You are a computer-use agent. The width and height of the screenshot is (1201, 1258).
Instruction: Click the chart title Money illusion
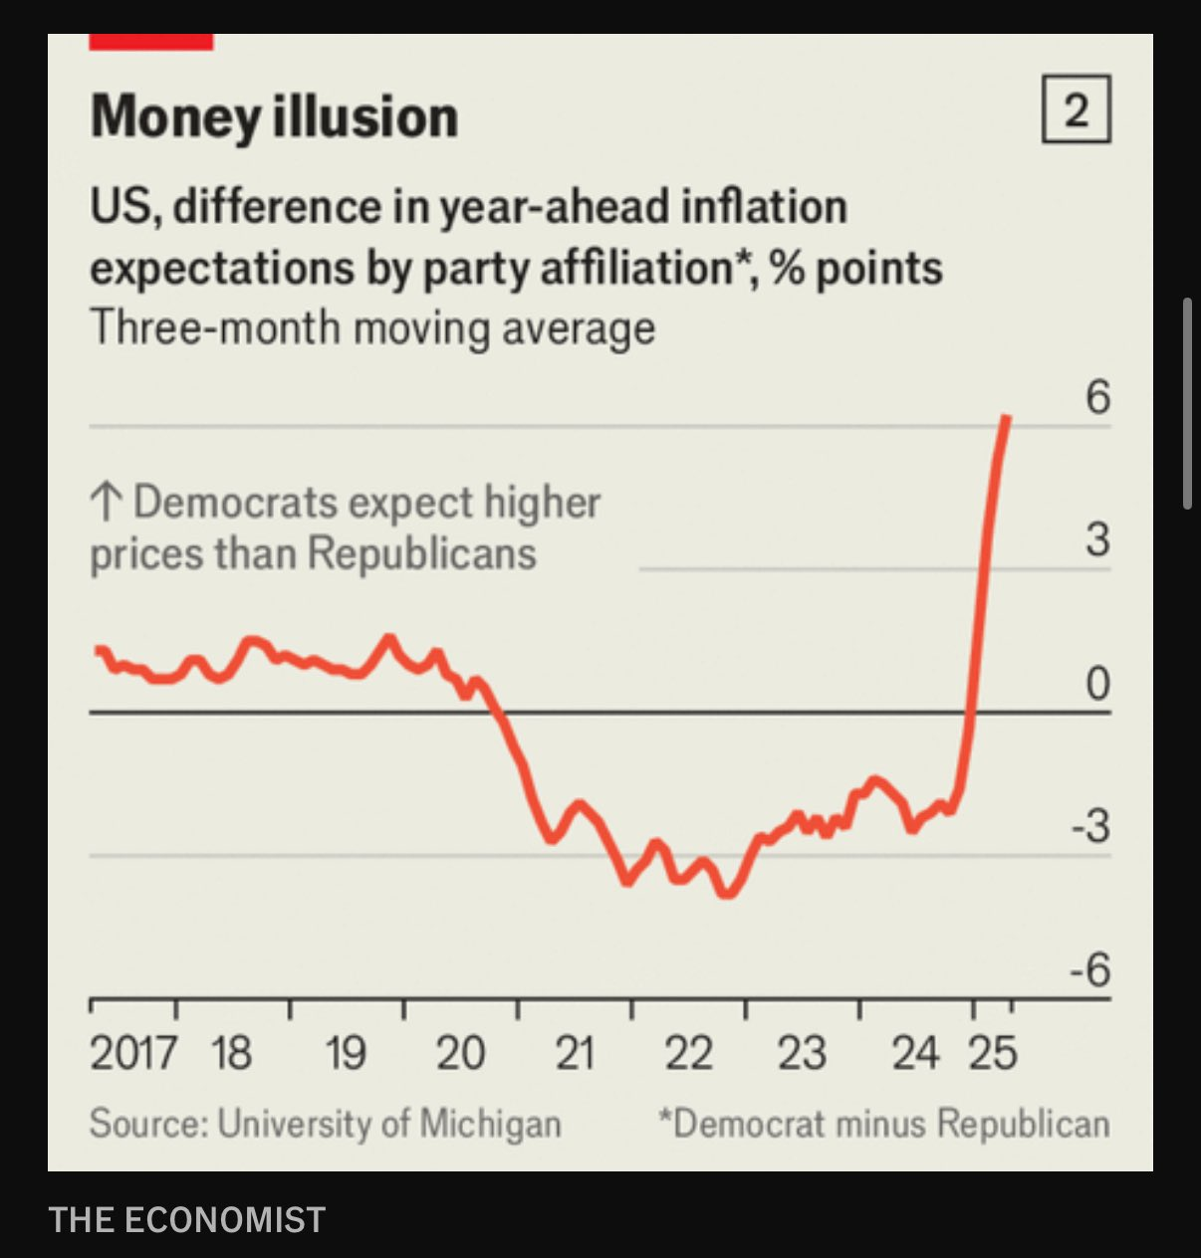(274, 116)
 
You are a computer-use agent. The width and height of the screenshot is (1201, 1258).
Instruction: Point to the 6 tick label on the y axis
(1097, 397)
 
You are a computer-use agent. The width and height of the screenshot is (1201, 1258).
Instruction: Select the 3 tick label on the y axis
(1097, 539)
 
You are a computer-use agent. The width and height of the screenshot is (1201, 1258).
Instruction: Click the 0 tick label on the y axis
(1097, 684)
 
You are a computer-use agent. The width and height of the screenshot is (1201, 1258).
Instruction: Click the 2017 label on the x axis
(133, 1053)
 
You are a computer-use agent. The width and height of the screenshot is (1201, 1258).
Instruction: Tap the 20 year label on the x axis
(460, 1053)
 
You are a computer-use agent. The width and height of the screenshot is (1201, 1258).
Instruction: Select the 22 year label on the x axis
(688, 1053)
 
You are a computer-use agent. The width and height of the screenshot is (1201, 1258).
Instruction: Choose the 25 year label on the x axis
(993, 1053)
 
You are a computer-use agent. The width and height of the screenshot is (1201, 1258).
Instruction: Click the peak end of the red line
(1008, 418)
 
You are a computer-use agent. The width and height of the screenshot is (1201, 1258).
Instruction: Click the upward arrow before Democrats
(106, 503)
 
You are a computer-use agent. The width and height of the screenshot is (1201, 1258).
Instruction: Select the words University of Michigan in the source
(389, 1124)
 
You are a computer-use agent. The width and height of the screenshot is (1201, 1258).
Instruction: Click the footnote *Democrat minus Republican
(883, 1124)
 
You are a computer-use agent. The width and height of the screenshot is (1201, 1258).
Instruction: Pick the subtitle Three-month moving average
(372, 327)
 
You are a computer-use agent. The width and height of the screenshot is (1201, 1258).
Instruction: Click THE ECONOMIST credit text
(187, 1219)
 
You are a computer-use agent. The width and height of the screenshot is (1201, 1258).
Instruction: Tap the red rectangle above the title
(151, 42)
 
